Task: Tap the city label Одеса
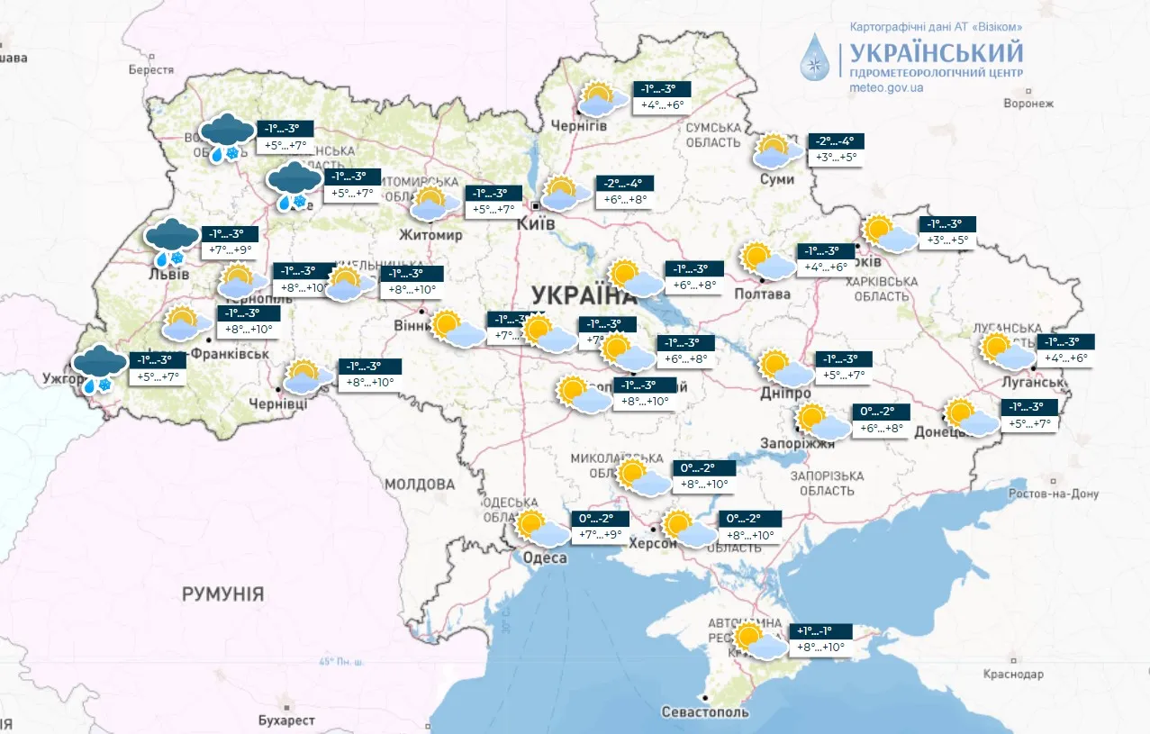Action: click(545, 558)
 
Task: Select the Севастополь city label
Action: click(705, 712)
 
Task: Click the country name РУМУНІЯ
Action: click(222, 594)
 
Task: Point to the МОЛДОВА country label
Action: click(420, 485)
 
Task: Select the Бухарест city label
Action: click(285, 720)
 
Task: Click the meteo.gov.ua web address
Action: click(886, 88)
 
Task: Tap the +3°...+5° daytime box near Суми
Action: click(837, 158)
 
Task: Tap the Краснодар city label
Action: click(1012, 674)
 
